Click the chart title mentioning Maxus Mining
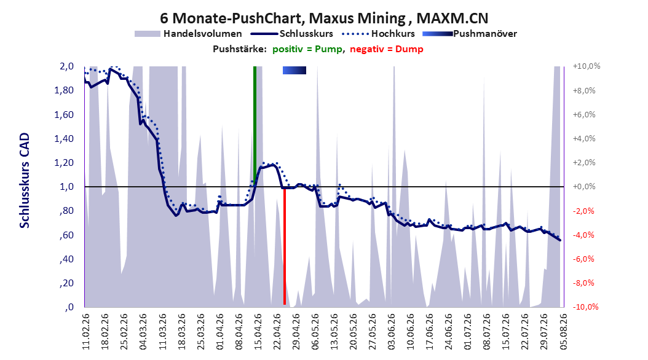[x=324, y=18]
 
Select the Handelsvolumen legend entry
[x=189, y=34]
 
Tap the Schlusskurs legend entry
[x=291, y=34]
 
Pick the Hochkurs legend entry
[x=378, y=34]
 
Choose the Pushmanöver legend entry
[x=470, y=34]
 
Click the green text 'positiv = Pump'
[x=307, y=49]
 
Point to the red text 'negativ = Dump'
[x=387, y=49]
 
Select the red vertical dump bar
[x=285, y=246]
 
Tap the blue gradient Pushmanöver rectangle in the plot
[x=294, y=71]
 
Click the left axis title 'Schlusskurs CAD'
[x=25, y=181]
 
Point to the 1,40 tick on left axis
[x=64, y=139]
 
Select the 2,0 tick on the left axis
[x=66, y=66]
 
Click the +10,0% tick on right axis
[x=587, y=66]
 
